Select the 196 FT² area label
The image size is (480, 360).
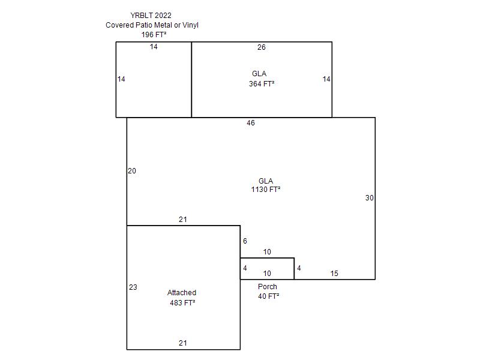(x=154, y=35)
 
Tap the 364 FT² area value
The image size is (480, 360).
(x=262, y=84)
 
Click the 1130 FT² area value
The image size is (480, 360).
(x=266, y=190)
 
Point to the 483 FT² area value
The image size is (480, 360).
(x=182, y=303)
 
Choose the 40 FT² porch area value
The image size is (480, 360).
(x=268, y=296)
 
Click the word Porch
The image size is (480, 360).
(x=268, y=287)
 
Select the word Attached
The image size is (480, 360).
(x=182, y=293)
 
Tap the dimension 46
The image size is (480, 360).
(x=251, y=123)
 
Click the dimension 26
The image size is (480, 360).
(x=262, y=47)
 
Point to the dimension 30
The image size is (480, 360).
(x=370, y=198)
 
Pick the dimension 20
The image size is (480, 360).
(x=132, y=171)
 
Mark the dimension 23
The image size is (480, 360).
(x=133, y=287)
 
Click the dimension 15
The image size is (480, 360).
(x=334, y=274)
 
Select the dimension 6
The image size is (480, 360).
(x=245, y=241)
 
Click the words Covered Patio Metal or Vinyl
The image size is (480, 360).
(x=152, y=25)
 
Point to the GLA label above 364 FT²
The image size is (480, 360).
(x=259, y=74)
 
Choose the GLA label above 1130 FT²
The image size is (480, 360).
(x=266, y=181)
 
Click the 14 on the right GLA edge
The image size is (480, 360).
(x=326, y=79)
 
